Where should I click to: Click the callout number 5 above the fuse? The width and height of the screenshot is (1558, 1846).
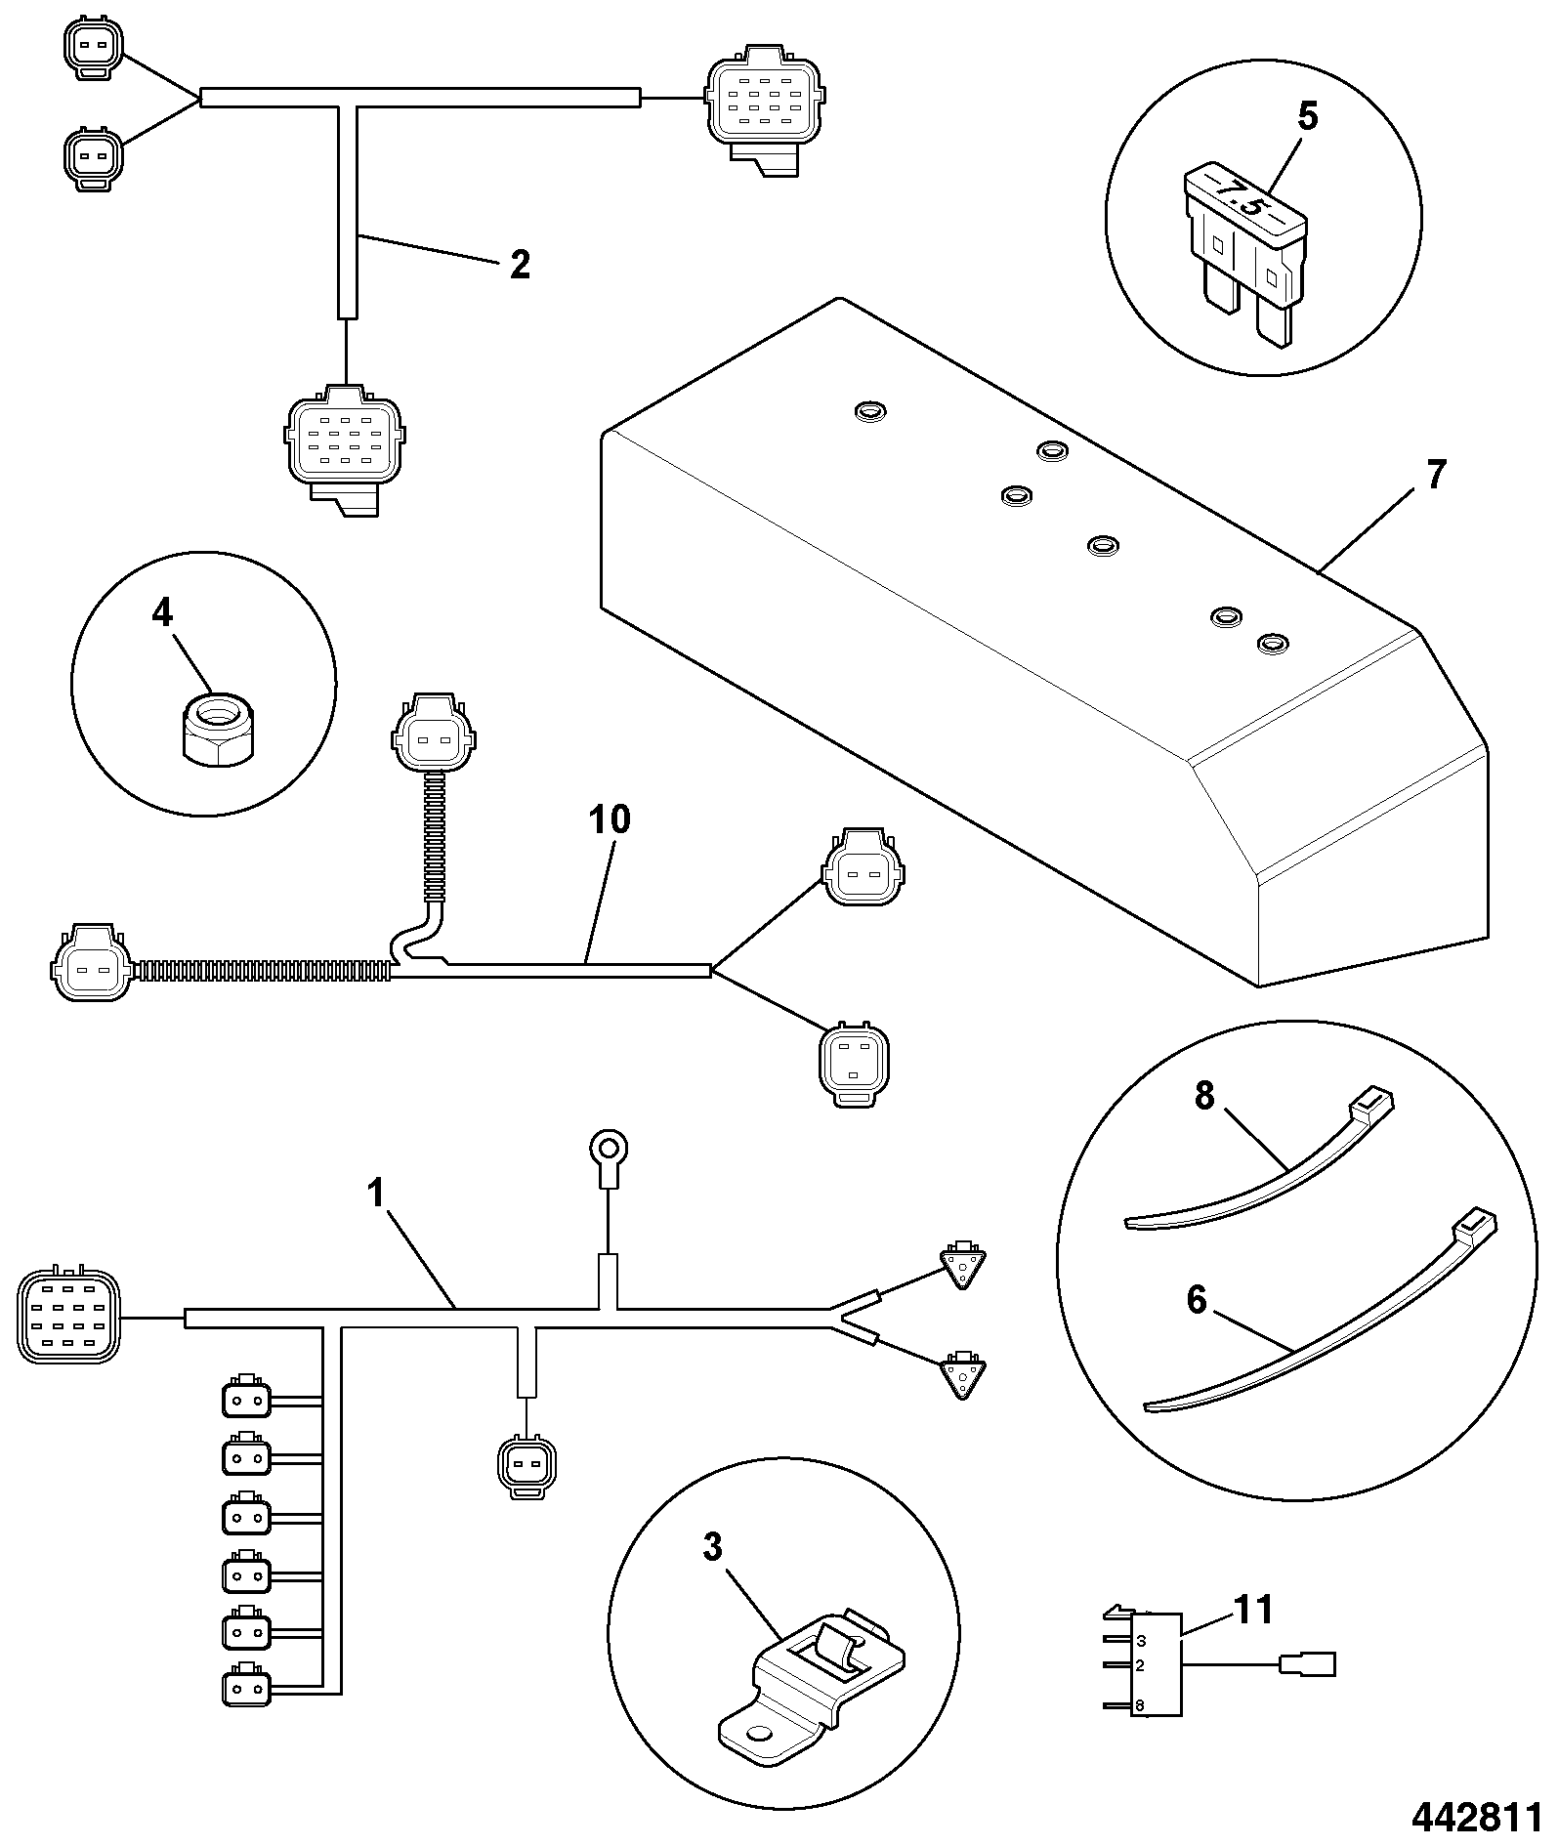point(1307,117)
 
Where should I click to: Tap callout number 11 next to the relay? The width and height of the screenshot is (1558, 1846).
point(1253,1610)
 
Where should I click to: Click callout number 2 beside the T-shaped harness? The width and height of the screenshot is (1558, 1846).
point(520,264)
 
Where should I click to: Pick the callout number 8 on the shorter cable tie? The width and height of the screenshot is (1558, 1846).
point(1204,1096)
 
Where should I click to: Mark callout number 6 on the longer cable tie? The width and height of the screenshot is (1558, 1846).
point(1197,1301)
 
